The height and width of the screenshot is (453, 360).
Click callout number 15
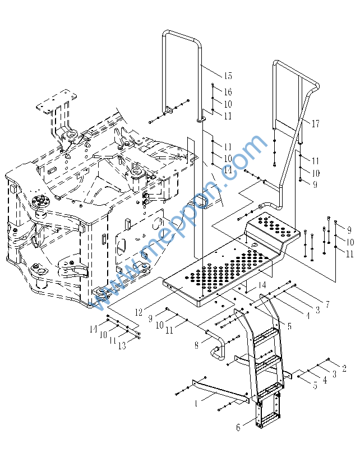coord(228,76)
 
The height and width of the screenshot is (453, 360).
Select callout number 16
coord(228,92)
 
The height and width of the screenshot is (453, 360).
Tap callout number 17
coord(316,124)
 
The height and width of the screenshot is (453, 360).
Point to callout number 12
coord(139,312)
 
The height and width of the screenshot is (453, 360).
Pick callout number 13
coord(122,345)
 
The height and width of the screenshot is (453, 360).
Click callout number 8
coord(196,345)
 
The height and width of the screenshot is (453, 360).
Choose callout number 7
coord(327,304)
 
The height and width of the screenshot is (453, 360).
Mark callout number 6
coord(238,427)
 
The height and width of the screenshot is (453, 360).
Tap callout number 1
coord(196,403)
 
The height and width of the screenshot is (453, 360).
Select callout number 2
coord(344,368)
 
